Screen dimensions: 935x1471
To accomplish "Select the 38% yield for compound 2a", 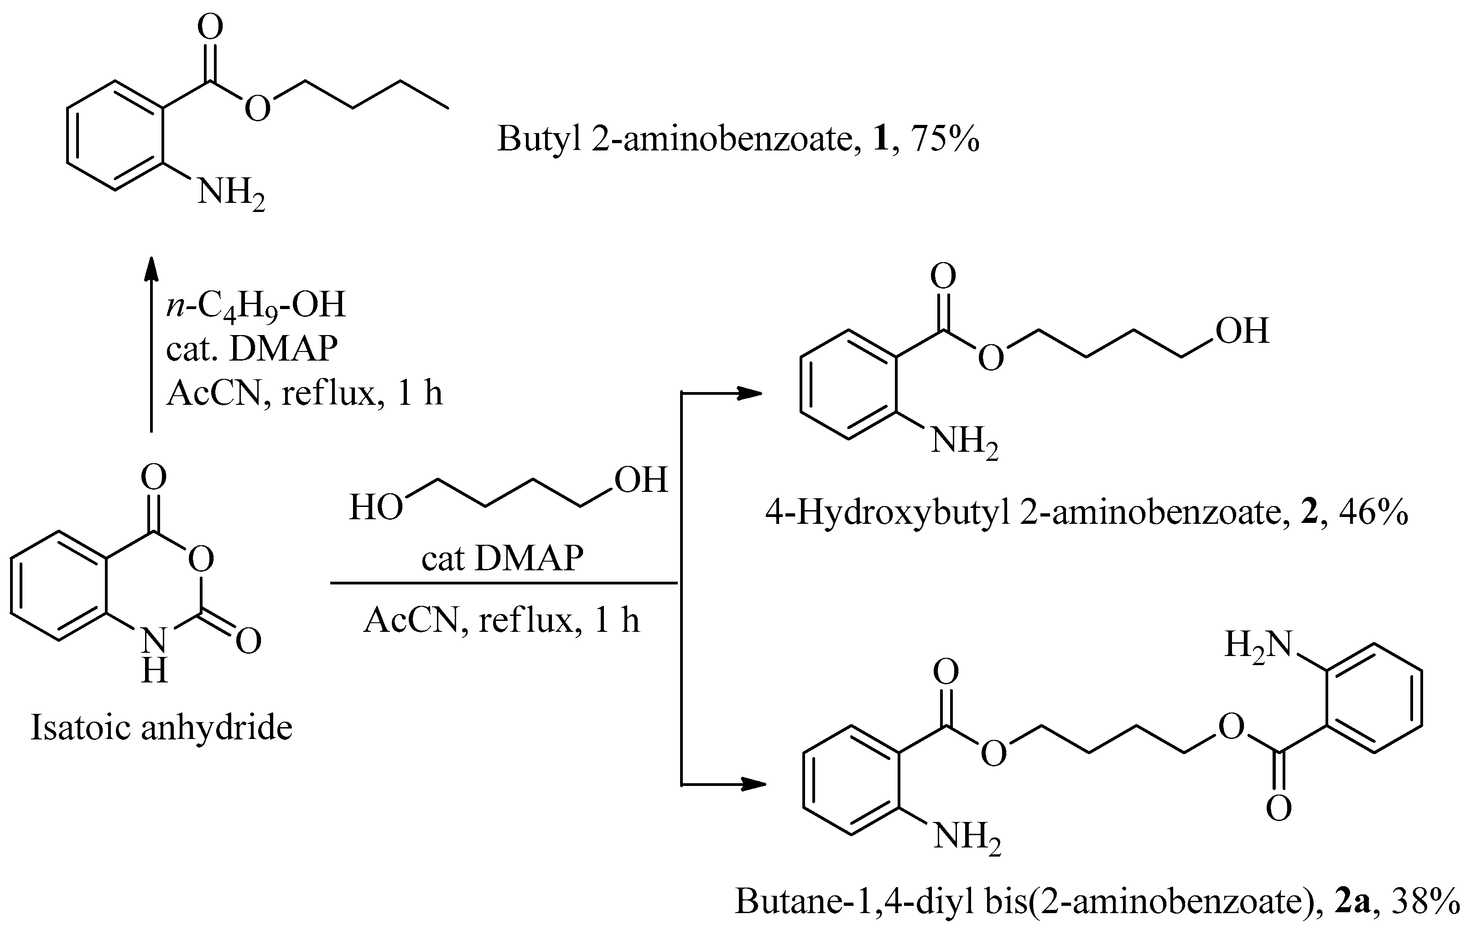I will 1426,900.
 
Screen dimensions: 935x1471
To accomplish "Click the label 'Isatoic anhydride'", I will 162,728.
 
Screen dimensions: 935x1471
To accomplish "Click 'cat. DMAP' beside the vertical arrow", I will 252,349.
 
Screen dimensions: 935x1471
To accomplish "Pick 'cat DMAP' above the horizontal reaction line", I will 502,558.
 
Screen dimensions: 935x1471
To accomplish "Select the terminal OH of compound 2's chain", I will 1242,331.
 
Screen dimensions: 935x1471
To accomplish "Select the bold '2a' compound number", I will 1352,900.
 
